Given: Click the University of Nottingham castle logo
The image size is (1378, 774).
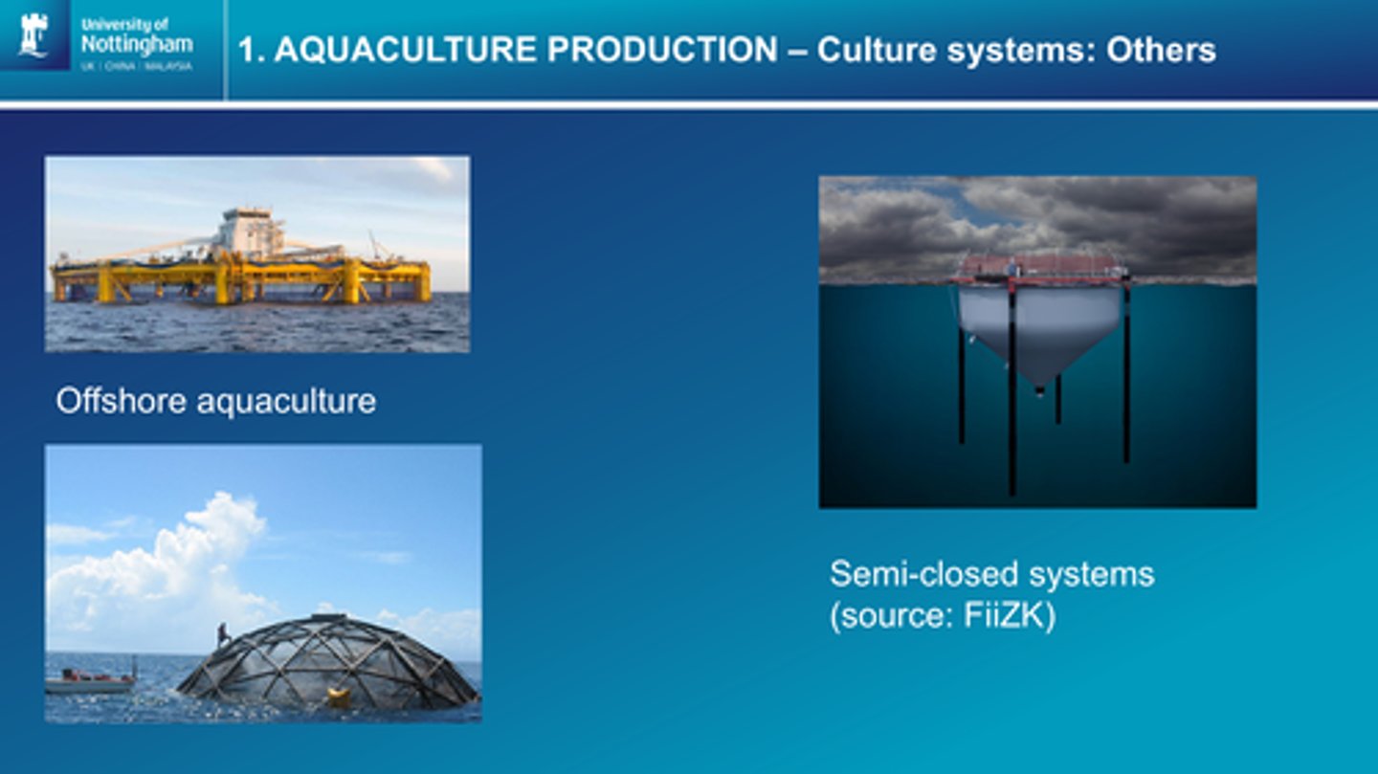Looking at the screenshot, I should point(34,35).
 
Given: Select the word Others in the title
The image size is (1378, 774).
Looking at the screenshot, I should point(1161,51).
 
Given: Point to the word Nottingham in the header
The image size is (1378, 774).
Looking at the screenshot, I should point(136,44).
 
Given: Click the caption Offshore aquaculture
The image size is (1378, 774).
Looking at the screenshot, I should point(215,401).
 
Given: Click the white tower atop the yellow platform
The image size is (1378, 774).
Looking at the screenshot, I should point(248,231).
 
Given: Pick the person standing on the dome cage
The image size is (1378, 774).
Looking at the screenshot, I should point(223,634).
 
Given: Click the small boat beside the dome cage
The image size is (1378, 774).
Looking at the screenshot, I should point(91,682).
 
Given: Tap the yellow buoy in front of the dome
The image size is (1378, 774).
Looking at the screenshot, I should point(338,698).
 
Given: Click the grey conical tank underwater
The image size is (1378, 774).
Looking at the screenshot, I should point(1039,330).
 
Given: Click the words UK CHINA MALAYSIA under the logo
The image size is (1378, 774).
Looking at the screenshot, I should point(136,66).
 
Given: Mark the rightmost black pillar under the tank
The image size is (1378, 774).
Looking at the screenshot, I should point(1126,383).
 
